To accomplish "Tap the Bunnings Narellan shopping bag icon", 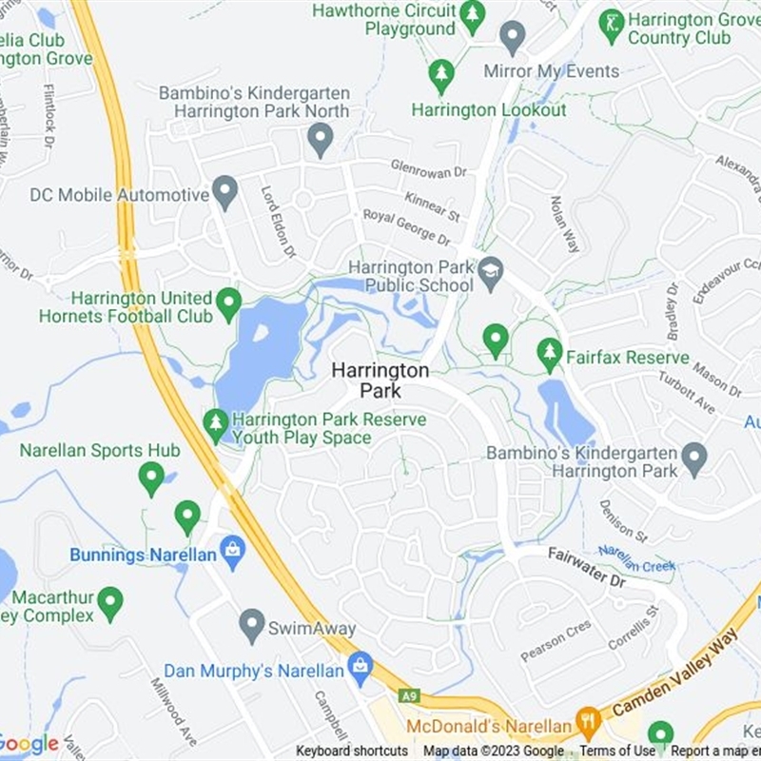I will point(232,549).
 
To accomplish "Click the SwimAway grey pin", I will point(251,624).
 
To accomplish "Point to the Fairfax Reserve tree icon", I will point(549,354).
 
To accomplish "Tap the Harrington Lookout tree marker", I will point(440,76).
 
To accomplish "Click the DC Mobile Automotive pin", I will point(224,191).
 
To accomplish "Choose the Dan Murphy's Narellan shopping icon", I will point(360,667).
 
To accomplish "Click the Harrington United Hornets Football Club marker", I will point(228,303).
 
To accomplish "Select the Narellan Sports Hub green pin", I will point(151,478).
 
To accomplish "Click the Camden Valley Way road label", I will point(675,678).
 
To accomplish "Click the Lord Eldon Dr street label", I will point(279,221).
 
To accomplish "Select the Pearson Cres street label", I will point(556,640).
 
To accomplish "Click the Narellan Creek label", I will point(636,558).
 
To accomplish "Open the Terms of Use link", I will point(617,751).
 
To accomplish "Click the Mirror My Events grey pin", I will point(513,38).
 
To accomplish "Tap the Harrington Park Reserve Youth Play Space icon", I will point(216,424).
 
